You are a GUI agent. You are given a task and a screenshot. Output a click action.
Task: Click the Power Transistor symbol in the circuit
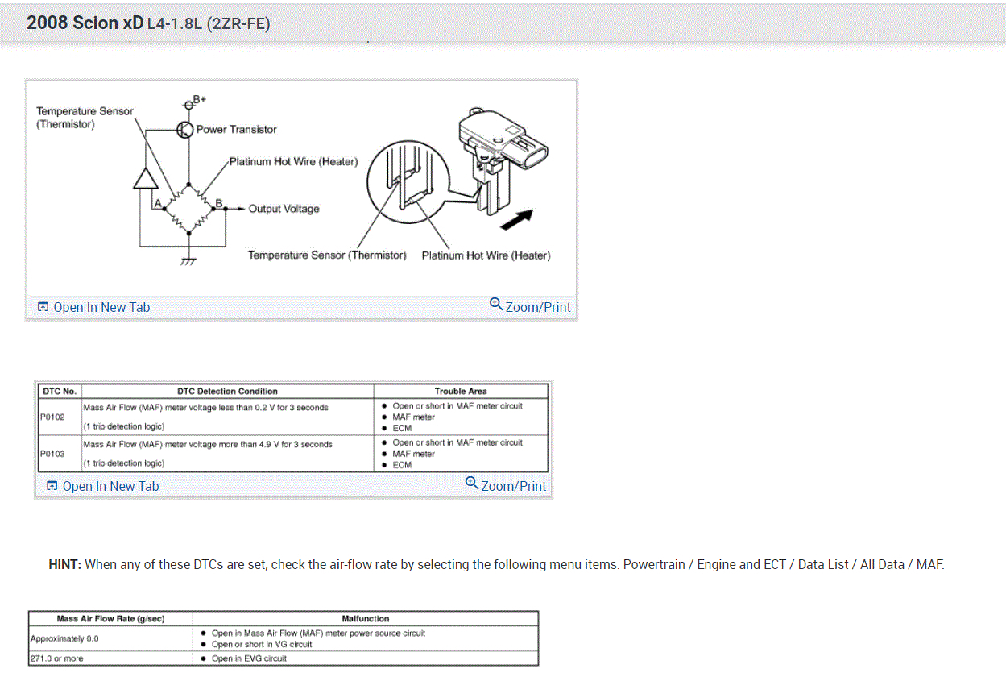[185, 130]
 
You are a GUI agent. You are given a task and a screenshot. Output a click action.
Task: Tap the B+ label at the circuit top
[197, 100]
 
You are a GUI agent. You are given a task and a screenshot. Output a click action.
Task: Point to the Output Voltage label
[284, 209]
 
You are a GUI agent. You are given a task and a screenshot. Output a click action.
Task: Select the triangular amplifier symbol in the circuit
[146, 180]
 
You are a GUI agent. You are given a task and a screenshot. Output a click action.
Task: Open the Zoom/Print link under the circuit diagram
[531, 306]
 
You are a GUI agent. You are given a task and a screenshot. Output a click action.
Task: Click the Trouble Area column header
[461, 391]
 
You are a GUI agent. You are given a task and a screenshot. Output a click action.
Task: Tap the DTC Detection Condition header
[227, 391]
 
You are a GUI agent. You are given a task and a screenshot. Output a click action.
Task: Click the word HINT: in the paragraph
[65, 564]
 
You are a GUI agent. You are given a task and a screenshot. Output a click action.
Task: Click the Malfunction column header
[366, 618]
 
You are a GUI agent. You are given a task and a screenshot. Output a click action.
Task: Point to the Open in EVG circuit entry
[249, 658]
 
